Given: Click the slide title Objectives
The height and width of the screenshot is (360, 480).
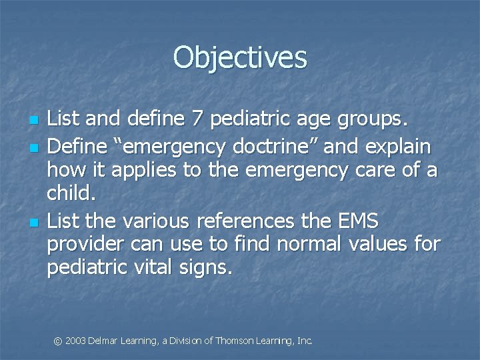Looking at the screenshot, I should [240, 57].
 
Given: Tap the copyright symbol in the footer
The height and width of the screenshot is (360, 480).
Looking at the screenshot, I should [58, 341].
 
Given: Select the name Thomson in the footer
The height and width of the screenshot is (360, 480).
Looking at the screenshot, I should [235, 341].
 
